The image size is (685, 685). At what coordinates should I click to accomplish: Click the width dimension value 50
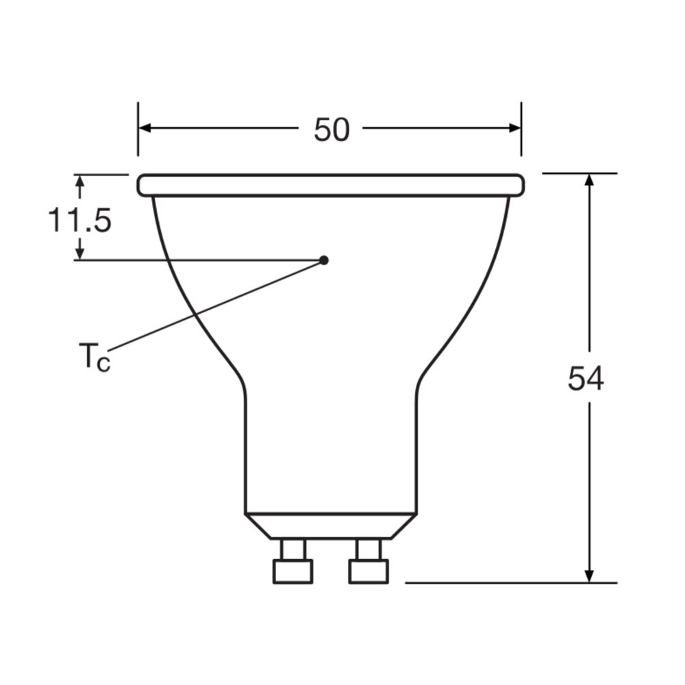332,129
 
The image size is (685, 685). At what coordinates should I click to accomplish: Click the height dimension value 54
586,378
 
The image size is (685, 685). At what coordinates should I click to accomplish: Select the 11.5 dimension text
79,220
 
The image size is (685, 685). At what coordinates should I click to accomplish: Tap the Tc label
95,356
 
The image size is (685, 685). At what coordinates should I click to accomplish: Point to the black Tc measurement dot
324,260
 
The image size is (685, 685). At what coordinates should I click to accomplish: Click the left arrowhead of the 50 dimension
145,128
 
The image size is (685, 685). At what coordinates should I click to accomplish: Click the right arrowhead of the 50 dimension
514,128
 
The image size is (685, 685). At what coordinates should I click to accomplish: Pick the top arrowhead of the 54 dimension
589,180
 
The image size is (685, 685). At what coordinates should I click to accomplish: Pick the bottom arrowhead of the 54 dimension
589,576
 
